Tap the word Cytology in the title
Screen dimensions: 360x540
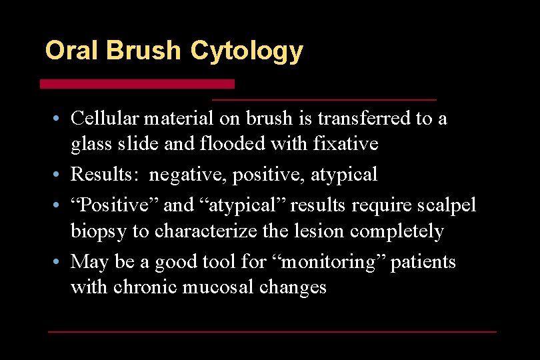click(246, 51)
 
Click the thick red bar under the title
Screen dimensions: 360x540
click(137, 84)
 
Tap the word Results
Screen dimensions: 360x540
click(106, 175)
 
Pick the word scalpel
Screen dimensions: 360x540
click(445, 205)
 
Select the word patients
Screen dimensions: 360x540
click(423, 262)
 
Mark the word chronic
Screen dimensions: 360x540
click(141, 287)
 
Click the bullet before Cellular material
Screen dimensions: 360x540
click(59, 119)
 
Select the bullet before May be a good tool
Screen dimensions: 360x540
click(59, 263)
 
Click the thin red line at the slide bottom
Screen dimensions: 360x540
click(272, 331)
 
